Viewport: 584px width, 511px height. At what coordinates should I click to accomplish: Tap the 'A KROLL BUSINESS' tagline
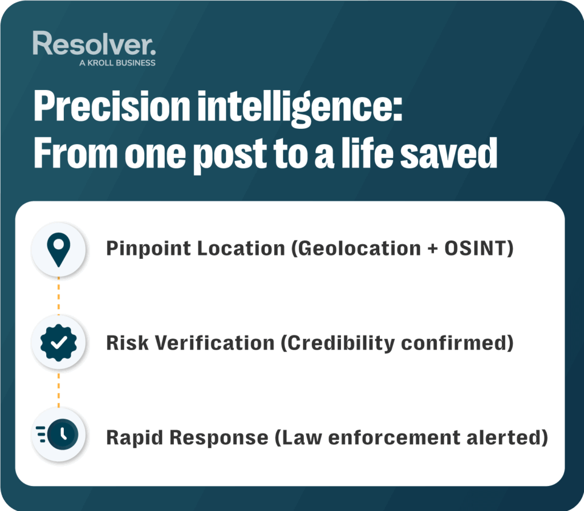117,63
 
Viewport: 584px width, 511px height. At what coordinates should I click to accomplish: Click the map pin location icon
59,249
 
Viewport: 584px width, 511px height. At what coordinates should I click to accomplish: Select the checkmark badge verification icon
59,343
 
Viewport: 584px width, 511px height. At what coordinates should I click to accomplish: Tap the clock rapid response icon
59,437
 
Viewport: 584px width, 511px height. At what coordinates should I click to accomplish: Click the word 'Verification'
215,343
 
